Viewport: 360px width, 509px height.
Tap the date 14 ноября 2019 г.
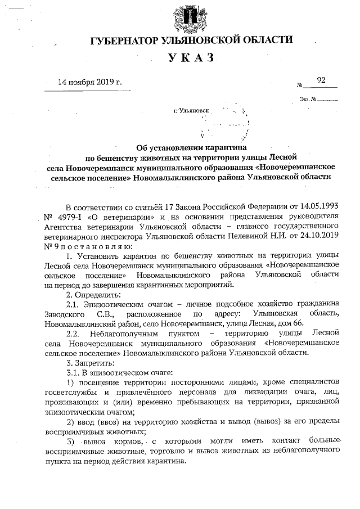(x=90, y=82)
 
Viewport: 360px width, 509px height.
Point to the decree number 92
(x=321, y=80)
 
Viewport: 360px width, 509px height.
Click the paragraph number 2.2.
(x=75, y=333)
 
